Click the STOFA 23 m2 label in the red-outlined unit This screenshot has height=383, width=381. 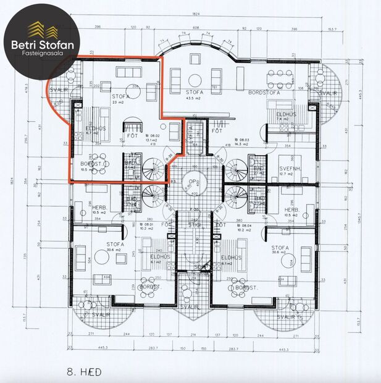(120, 99)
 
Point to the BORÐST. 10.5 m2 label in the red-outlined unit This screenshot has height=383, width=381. (91, 166)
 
